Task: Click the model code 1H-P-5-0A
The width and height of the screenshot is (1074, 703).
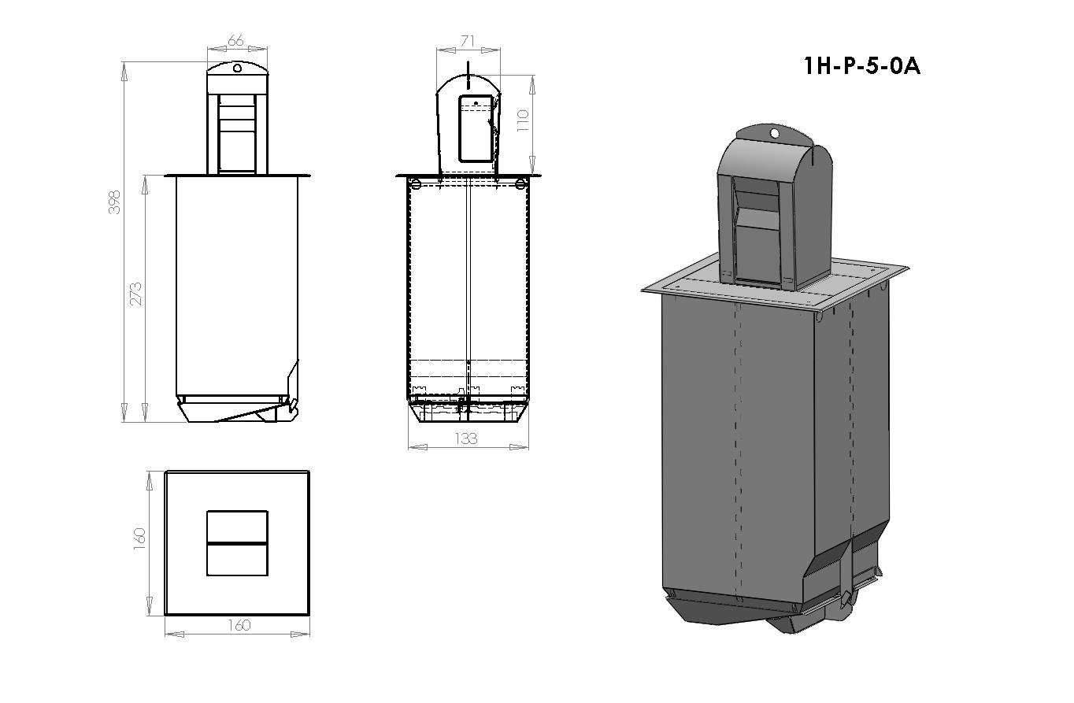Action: pyautogui.click(x=861, y=65)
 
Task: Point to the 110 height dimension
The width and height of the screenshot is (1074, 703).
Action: pyautogui.click(x=522, y=120)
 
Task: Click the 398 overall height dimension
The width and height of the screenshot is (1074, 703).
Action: pyautogui.click(x=115, y=203)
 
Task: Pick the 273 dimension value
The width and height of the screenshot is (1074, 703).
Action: pyautogui.click(x=136, y=294)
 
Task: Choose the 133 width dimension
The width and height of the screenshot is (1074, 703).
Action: pyautogui.click(x=467, y=438)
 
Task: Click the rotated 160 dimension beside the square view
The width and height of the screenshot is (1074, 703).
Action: pyautogui.click(x=139, y=541)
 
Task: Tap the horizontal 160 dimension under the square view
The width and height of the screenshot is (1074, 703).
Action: pyautogui.click(x=239, y=625)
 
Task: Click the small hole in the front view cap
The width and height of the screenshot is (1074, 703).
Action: pyautogui.click(x=237, y=68)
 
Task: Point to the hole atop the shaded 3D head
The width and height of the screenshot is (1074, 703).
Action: pyautogui.click(x=775, y=134)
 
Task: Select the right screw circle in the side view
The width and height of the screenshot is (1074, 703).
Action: pyautogui.click(x=520, y=184)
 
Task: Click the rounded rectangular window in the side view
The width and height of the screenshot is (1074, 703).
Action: pyautogui.click(x=476, y=129)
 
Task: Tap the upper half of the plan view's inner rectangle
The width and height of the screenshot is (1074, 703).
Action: pyautogui.click(x=237, y=526)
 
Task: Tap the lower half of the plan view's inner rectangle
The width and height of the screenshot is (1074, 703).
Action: pyautogui.click(x=237, y=560)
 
